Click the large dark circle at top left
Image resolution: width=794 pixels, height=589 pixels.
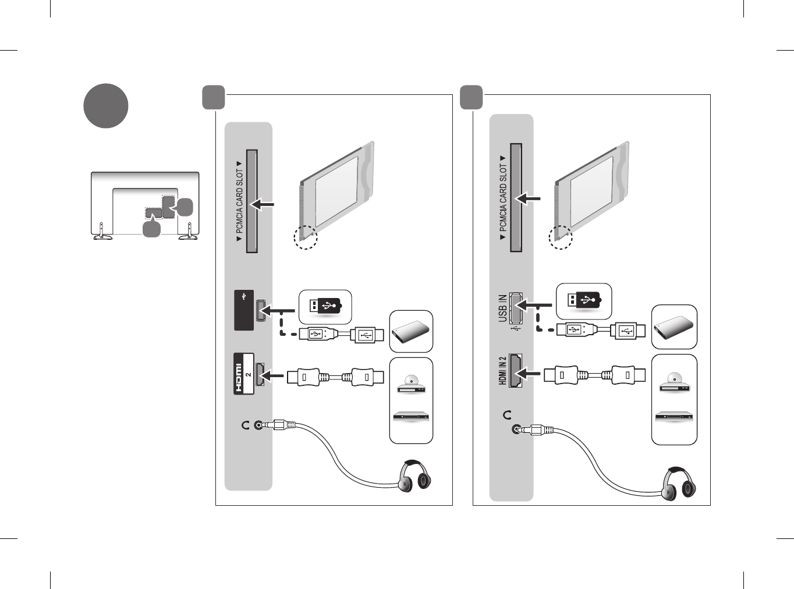tap(106, 106)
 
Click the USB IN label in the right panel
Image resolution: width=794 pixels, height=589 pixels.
tap(502, 308)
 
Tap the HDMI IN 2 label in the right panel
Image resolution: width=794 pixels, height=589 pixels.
tap(502, 371)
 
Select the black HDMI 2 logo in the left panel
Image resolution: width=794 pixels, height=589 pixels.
tap(244, 374)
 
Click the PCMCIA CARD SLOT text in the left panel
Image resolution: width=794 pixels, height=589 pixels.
tap(239, 202)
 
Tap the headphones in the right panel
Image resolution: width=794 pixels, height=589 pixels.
tap(678, 484)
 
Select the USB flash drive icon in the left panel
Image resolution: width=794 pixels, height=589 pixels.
tap(325, 307)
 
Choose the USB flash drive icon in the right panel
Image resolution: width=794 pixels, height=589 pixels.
tap(584, 300)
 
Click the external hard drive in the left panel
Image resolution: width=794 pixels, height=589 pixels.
tap(410, 331)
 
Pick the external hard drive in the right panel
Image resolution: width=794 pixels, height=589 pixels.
tap(674, 327)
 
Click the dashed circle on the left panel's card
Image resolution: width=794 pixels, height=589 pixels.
tap(306, 237)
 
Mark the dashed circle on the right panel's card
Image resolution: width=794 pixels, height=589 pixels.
tap(561, 237)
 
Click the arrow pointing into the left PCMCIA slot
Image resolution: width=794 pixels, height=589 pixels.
tap(262, 204)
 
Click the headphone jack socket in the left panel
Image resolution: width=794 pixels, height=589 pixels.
tap(258, 425)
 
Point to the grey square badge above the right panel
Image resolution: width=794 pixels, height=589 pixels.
tap(471, 97)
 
